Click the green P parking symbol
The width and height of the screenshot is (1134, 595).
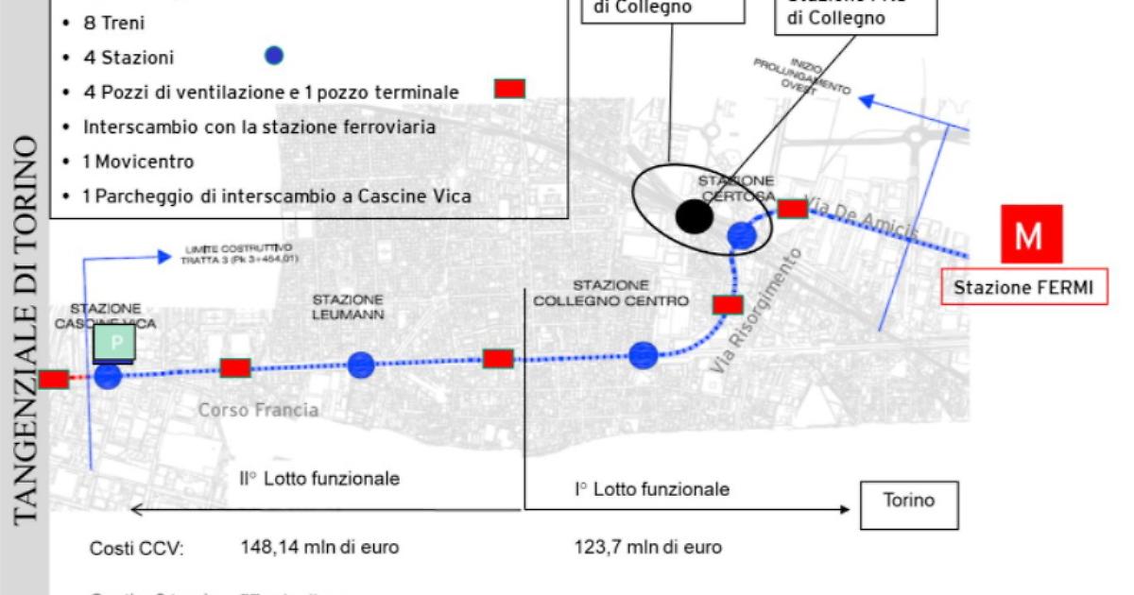[115, 345]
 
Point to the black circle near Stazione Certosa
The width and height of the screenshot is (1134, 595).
[695, 216]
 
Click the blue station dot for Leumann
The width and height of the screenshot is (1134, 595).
[361, 365]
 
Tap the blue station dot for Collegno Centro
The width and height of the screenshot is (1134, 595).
[643, 356]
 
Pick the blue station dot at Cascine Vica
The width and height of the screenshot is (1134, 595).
[108, 376]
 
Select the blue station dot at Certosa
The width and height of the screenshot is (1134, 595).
[742, 236]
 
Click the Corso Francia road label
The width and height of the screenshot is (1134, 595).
[258, 411]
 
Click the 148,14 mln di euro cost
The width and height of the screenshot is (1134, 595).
[319, 547]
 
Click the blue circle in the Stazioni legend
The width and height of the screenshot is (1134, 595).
[274, 57]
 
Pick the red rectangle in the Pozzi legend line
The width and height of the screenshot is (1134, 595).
[510, 89]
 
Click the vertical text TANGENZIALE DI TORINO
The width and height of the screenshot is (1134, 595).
[26, 331]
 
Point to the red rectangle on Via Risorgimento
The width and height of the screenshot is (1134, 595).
[728, 304]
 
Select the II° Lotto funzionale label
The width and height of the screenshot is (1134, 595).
[318, 479]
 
